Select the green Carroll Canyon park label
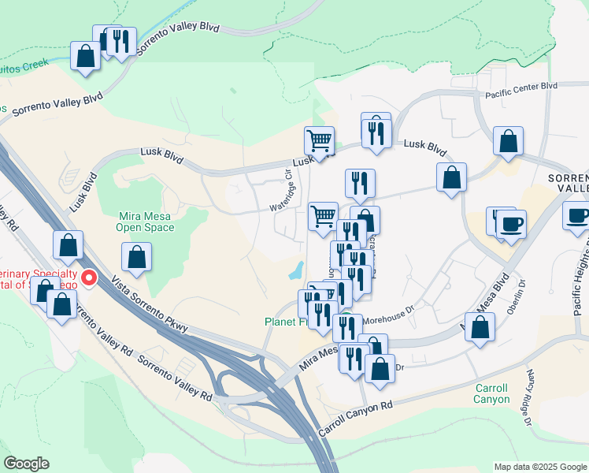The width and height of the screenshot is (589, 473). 492,394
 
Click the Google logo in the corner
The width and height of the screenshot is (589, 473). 26,464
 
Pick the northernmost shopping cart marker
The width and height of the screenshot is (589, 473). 319,142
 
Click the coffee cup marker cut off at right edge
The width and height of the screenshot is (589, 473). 577,215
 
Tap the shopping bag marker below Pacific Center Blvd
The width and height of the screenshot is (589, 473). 509,142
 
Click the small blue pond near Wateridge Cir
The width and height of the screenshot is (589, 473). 296,271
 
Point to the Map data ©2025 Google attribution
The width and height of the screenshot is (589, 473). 540,467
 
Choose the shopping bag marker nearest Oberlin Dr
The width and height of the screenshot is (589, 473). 480,327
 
